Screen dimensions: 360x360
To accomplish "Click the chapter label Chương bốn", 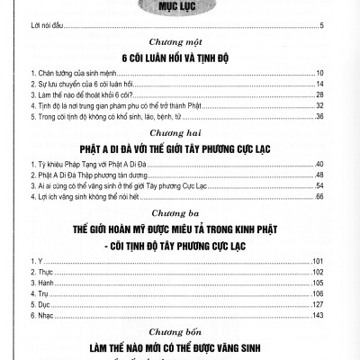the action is [x=179, y=331].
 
